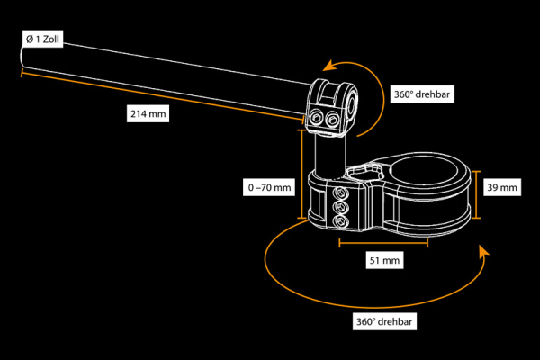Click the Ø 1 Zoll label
(42, 39)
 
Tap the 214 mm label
(148, 113)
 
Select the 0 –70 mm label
(269, 187)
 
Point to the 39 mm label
(502, 187)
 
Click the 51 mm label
(384, 260)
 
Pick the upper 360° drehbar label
(422, 94)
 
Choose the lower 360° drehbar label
(384, 321)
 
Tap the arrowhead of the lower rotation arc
(484, 250)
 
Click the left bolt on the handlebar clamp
(316, 119)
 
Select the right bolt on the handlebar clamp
(332, 121)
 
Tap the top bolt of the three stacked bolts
(341, 193)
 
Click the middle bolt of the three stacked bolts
(341, 207)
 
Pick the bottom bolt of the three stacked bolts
(341, 221)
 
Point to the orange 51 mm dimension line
(383, 243)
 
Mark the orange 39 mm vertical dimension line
(475, 194)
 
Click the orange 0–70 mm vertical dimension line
(301, 175)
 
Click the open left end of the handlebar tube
(22, 56)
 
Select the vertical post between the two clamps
(330, 157)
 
